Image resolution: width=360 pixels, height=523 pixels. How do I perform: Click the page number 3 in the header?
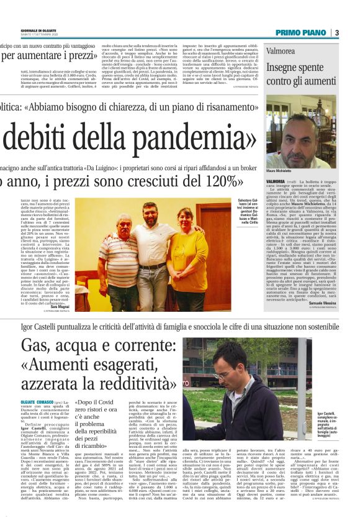tap(336, 32)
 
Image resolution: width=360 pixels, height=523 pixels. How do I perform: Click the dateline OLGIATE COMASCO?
tap(38, 402)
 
